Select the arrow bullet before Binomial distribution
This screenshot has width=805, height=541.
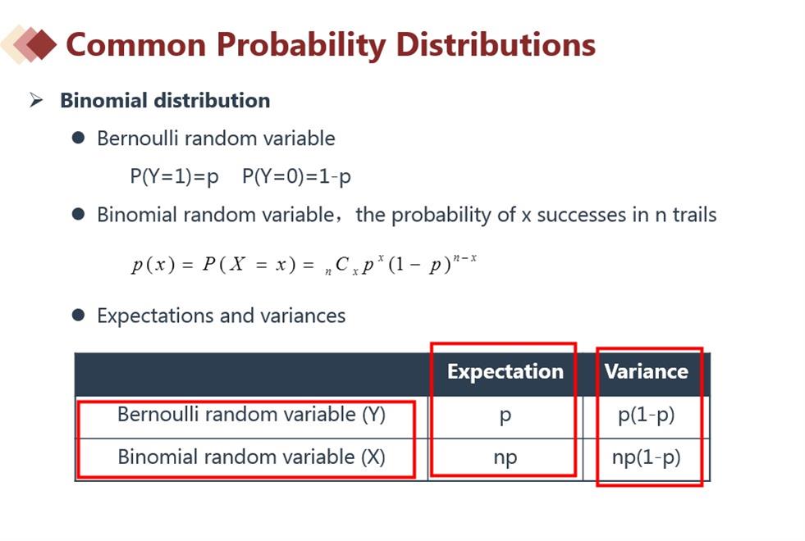tap(36, 99)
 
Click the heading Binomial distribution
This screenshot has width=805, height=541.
tap(165, 100)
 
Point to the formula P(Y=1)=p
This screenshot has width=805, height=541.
tap(175, 176)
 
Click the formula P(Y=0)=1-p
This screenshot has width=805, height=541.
tap(297, 176)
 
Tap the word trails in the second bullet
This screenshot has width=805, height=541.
tap(694, 214)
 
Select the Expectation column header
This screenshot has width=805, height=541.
tap(505, 371)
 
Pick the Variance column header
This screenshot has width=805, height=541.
tap(647, 371)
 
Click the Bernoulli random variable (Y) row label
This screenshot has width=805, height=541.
tap(252, 414)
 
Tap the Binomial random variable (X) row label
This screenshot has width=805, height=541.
tap(252, 457)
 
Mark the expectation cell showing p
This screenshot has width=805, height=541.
tap(505, 416)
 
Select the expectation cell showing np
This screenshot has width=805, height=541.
tap(505, 458)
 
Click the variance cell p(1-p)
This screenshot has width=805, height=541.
tap(647, 415)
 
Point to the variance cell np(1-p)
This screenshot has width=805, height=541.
tap(647, 457)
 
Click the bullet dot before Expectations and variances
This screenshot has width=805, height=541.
tap(79, 315)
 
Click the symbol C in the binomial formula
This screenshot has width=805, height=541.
tap(342, 264)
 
